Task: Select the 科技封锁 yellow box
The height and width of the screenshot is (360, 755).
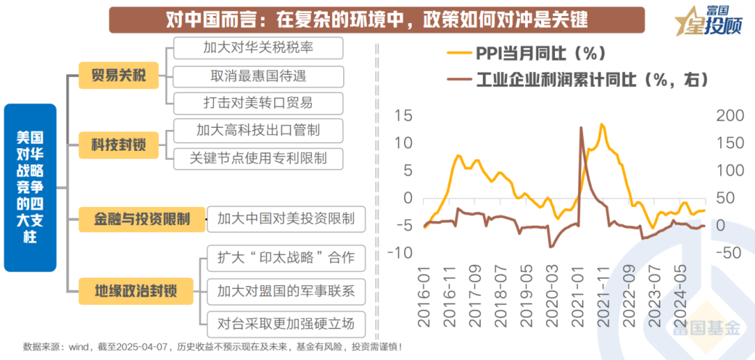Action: (118, 145)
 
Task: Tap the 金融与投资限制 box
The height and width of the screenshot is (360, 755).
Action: (142, 219)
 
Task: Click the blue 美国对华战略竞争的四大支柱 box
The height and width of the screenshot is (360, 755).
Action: (30, 187)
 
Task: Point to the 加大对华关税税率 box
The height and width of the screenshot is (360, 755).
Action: (258, 48)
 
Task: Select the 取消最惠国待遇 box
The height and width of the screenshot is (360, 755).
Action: (258, 75)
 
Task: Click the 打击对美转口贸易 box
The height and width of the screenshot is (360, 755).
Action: (258, 103)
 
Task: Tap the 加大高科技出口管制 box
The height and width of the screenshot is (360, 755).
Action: (258, 130)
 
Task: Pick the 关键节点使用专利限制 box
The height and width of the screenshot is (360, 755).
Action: (258, 157)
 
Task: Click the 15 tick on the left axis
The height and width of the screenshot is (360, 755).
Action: (403, 115)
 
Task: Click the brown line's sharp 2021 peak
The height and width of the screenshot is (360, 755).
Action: (581, 127)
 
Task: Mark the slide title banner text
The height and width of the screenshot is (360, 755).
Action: (377, 20)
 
